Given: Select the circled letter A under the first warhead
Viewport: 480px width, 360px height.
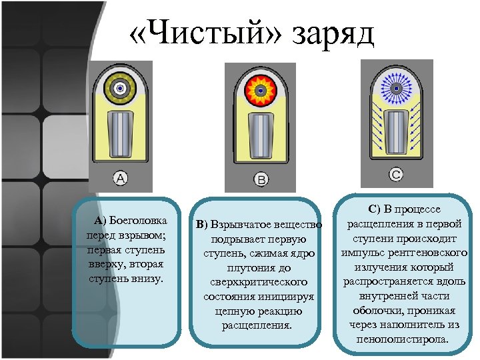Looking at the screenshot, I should coord(121,178).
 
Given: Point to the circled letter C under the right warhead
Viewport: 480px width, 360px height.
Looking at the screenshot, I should coord(395,175).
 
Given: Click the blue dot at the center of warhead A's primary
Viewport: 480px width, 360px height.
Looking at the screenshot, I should coord(121,87).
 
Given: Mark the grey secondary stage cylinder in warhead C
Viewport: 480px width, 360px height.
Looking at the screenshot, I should coord(396,133).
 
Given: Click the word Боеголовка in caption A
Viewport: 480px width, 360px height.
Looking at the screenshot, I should coord(137,221).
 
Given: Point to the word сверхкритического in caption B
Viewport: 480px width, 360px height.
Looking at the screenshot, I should coord(257,281).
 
